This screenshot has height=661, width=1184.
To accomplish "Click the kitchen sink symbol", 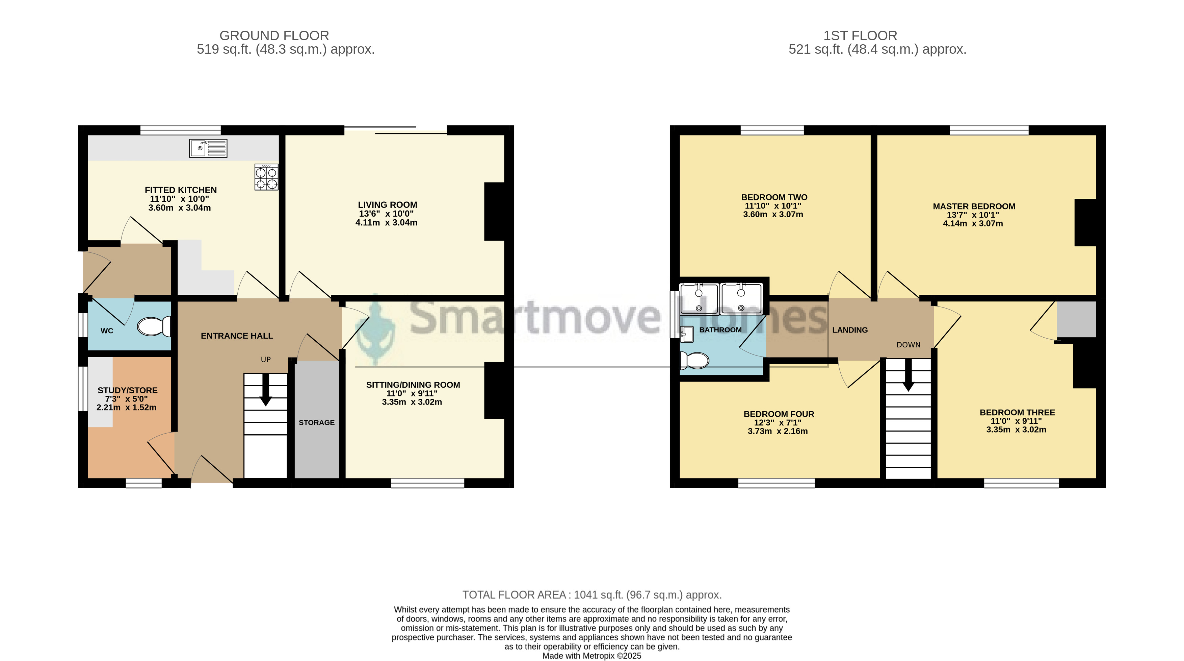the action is (x=208, y=148).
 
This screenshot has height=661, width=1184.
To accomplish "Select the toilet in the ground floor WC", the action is (x=154, y=326).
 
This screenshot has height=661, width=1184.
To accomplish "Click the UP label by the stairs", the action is (x=266, y=360).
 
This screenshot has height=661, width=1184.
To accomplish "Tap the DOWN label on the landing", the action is (x=908, y=345).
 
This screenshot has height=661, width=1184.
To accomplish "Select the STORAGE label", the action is (x=317, y=423).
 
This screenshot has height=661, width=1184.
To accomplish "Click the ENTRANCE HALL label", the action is (x=237, y=336).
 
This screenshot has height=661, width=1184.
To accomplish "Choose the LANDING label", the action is (x=850, y=330).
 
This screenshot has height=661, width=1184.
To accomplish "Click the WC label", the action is (x=107, y=331).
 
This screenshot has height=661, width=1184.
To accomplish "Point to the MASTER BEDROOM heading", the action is (x=974, y=206).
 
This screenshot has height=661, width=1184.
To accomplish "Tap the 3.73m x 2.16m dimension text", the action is (x=778, y=432).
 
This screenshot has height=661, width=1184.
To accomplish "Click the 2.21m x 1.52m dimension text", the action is (x=126, y=408).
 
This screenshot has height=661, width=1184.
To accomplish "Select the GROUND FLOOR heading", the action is (x=274, y=35).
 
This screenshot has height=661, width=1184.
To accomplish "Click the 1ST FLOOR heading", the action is (x=860, y=35).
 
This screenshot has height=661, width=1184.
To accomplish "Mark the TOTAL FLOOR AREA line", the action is (x=592, y=595).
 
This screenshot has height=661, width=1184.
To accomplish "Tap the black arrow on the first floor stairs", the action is (x=908, y=375).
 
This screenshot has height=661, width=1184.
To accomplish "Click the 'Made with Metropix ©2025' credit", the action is (x=592, y=656).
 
